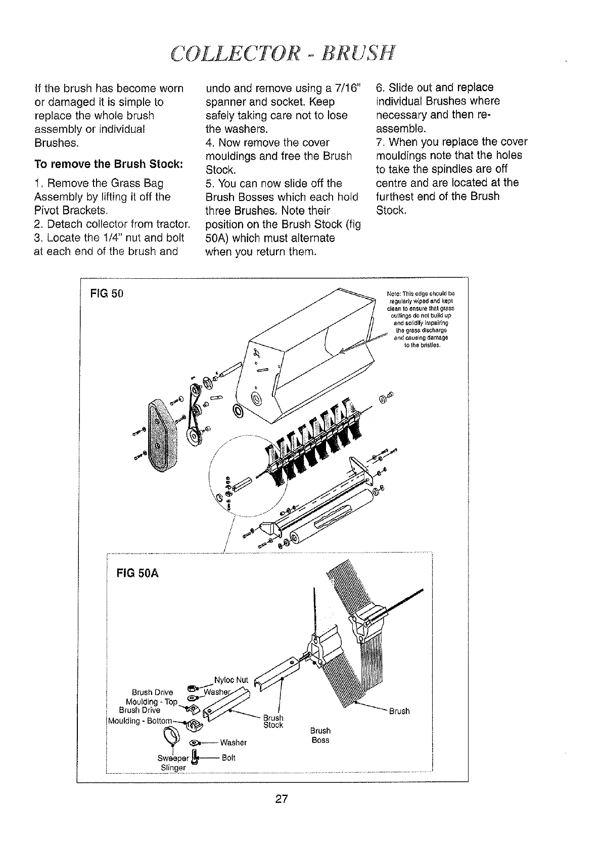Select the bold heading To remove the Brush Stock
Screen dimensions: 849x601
tap(108, 165)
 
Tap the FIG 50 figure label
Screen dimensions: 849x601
tap(106, 293)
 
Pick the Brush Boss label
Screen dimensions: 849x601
tap(320, 735)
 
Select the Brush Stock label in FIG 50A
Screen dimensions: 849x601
tap(273, 722)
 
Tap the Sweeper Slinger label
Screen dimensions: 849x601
tap(173, 763)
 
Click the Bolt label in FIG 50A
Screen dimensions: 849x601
tap(228, 758)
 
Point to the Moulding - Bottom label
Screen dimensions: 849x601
tap(139, 720)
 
